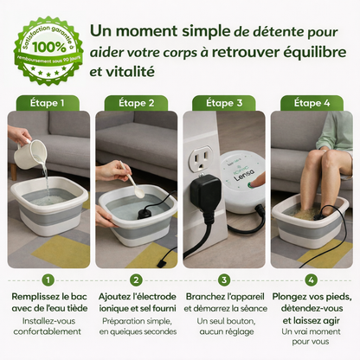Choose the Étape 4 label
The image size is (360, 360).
click(x=311, y=102)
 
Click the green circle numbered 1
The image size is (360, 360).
click(x=48, y=280)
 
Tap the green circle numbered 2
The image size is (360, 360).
click(x=136, y=280)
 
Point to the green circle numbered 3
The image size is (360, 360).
click(x=224, y=280)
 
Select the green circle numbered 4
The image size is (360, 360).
click(x=311, y=280)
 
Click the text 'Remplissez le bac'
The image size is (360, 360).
click(x=48, y=298)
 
